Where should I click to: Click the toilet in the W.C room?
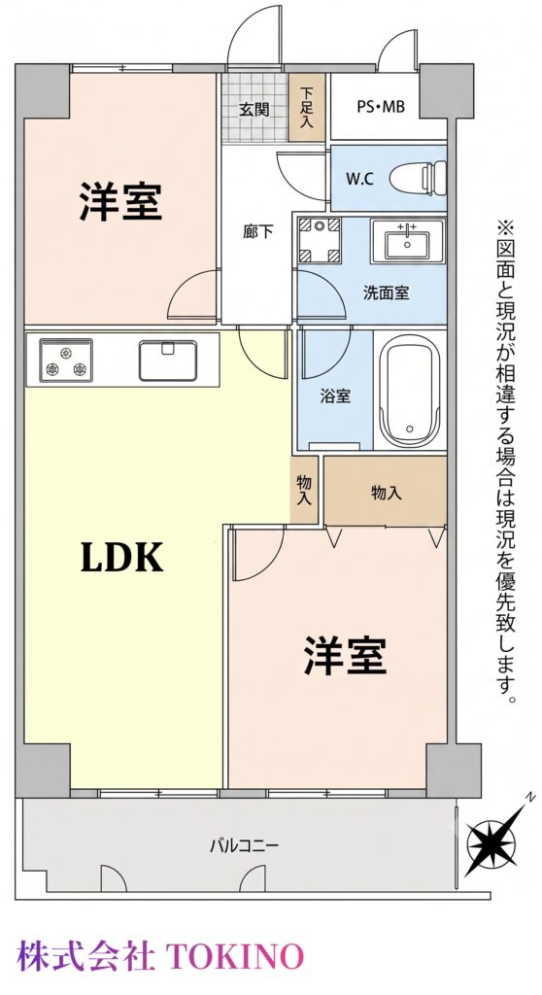tap(418, 179)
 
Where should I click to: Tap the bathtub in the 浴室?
tap(409, 391)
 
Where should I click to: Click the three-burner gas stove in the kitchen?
tap(66, 360)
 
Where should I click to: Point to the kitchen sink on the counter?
tap(167, 360)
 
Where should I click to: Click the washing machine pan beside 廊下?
tap(320, 240)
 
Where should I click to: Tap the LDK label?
tap(122, 558)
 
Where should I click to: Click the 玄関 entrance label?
tap(254, 109)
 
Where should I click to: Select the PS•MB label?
tap(380, 107)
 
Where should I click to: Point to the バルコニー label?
tap(245, 845)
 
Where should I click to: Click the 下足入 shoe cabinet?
tap(307, 108)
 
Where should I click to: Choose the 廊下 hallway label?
tap(257, 231)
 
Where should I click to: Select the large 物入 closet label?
tap(387, 493)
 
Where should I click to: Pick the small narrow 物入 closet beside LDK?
tap(305, 490)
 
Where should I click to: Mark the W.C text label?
tap(359, 179)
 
